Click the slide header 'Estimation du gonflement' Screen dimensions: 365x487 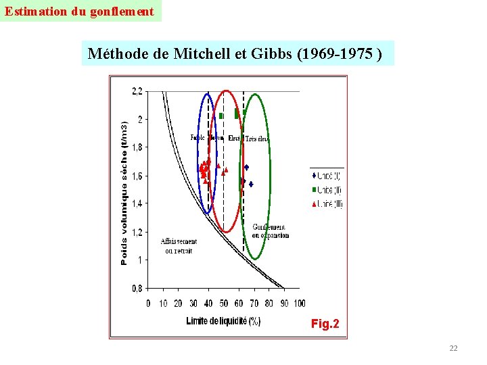(80, 11)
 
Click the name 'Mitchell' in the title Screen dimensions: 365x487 (201, 54)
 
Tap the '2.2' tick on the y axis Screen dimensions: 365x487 (137, 91)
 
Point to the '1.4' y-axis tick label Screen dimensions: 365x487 (137, 203)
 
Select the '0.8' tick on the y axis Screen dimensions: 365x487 (137, 288)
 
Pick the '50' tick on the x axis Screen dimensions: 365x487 (223, 303)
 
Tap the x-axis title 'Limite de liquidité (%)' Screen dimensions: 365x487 (223, 321)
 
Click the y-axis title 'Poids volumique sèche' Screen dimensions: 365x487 (124, 193)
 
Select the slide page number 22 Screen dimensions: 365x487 (453, 348)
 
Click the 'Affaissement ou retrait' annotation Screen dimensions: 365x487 (179, 246)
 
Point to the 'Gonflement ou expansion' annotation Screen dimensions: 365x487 (270, 231)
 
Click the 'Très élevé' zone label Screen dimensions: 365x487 (257, 139)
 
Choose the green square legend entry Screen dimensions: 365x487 (327, 190)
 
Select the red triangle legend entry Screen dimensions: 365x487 (327, 203)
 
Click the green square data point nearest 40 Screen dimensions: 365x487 (221, 116)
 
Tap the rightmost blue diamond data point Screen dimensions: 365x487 (251, 184)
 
